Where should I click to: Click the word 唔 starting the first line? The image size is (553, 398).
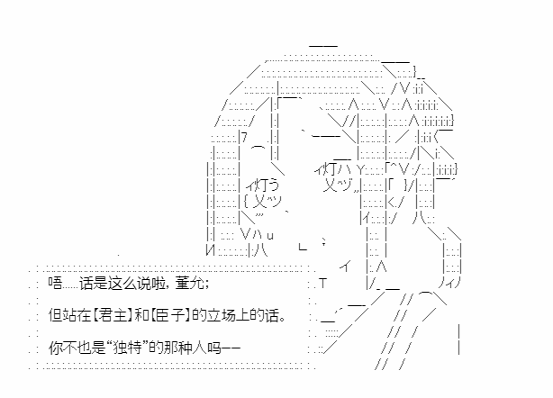point(55,283)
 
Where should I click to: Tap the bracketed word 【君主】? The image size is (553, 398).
point(111,315)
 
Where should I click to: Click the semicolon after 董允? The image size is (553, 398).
point(206,285)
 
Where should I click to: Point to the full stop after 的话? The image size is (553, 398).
point(282,319)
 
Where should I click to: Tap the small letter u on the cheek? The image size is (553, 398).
point(270,236)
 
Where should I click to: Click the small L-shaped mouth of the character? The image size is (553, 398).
point(303,247)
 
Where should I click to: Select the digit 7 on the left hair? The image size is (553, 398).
point(245,137)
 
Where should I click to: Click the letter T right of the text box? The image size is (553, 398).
point(323,283)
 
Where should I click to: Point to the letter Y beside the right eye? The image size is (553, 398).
point(360,170)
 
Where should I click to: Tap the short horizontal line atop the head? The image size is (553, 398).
point(323,46)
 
